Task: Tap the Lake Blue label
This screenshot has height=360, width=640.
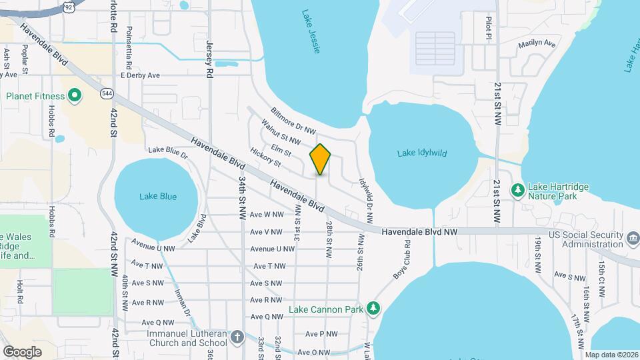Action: [x=158, y=196]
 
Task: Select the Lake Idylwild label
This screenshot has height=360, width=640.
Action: [x=422, y=153]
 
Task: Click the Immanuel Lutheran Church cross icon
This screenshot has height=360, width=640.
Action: [x=238, y=336]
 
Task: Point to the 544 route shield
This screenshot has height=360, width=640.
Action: [x=107, y=93]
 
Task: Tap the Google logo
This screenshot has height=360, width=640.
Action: [x=22, y=351]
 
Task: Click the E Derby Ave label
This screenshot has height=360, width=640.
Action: [x=140, y=75]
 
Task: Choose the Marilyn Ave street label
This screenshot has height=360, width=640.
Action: [x=537, y=44]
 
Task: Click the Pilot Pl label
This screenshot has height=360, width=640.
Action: [x=489, y=29]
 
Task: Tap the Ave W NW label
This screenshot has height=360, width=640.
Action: [x=267, y=215]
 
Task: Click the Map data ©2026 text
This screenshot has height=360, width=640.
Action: [x=611, y=355]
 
